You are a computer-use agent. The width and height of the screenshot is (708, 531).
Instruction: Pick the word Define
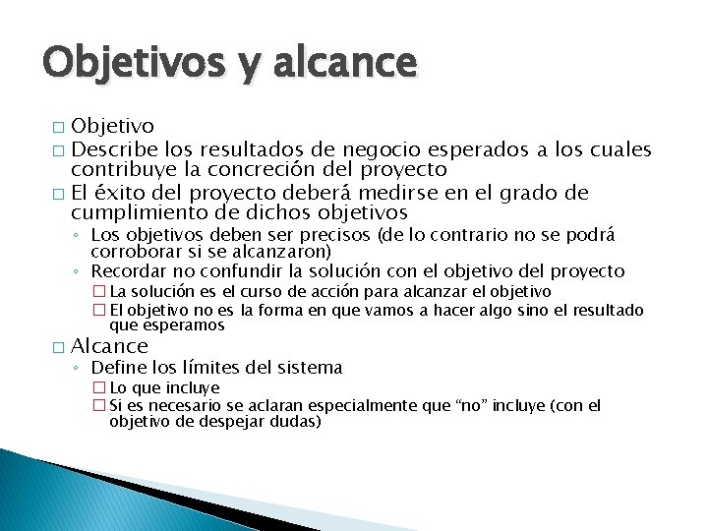click(x=118, y=368)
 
